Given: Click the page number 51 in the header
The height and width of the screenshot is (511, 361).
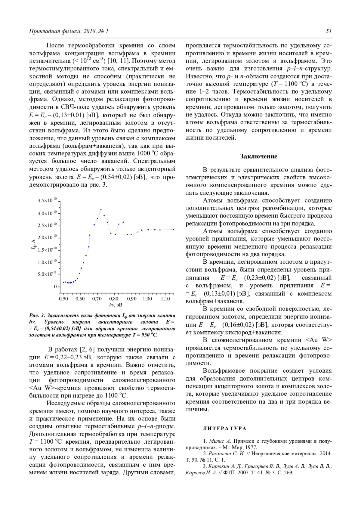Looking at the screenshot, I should (329, 31).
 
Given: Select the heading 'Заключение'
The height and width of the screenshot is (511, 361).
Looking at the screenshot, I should (259, 156).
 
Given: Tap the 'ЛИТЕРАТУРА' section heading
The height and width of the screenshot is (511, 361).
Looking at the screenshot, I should (224, 429).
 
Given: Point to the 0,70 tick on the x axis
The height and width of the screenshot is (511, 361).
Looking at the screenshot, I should (97, 299).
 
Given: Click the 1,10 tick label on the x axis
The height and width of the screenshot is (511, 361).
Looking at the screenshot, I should (165, 299).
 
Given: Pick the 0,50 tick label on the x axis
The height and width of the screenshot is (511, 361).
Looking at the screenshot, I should (63, 299).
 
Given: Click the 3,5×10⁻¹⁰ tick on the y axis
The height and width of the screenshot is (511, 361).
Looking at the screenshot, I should (47, 200).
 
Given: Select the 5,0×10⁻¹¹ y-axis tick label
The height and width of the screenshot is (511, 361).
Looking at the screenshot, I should (47, 274).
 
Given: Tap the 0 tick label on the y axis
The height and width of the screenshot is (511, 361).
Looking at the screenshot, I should (55, 286).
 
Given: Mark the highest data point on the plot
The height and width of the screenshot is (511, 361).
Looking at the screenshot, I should (101, 210).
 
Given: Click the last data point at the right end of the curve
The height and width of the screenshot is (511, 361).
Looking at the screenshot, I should (174, 229).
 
